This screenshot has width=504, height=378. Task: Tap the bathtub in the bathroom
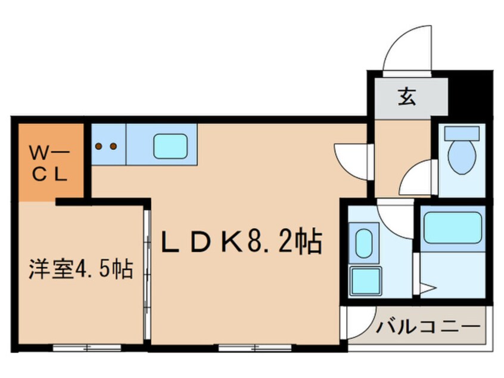[x=452, y=227]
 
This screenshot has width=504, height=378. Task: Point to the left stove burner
[x=99, y=145]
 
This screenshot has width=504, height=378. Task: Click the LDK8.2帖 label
[x=242, y=242]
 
